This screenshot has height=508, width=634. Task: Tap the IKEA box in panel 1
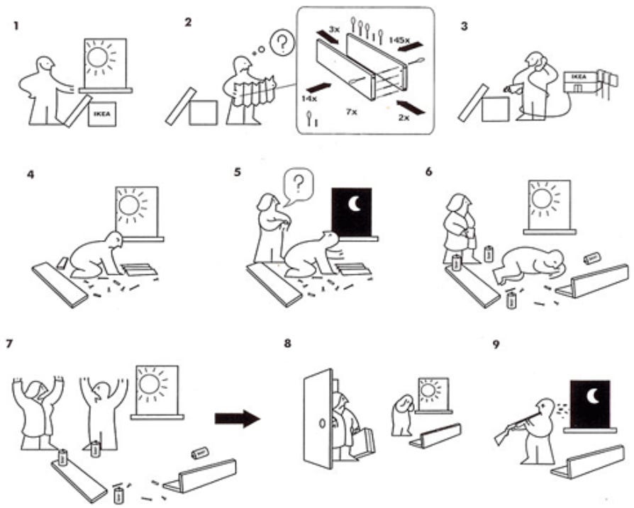point(101,113)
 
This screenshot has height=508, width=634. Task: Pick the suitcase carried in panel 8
point(364,442)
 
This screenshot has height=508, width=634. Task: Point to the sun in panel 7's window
point(151,385)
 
